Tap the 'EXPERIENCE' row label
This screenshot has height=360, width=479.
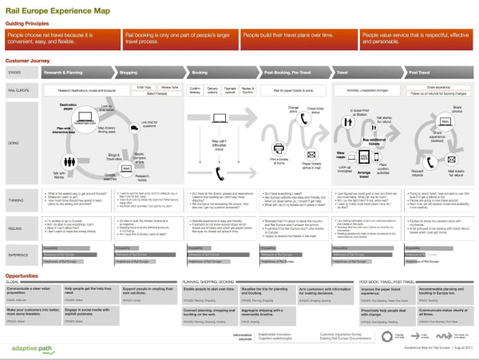(19, 256)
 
